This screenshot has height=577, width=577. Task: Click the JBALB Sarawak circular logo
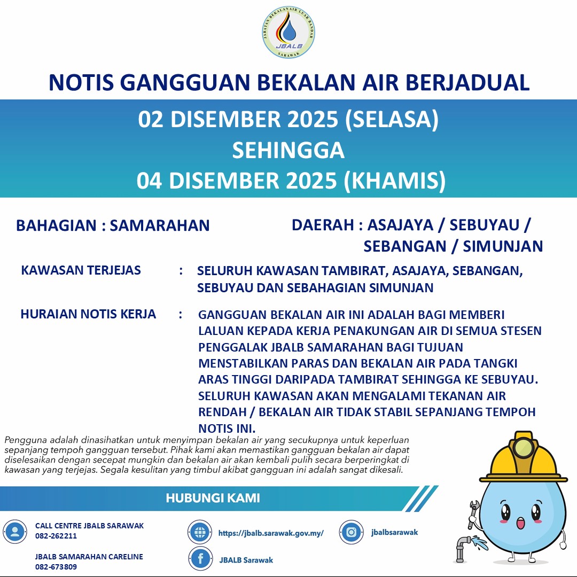pyautogui.click(x=288, y=33)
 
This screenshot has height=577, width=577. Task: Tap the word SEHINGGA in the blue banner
pyautogui.click(x=288, y=151)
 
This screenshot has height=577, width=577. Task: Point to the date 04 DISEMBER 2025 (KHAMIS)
pyautogui.click(x=291, y=181)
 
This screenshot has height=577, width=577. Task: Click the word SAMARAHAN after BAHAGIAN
pyautogui.click(x=160, y=225)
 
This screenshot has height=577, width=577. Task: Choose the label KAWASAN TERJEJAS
pyautogui.click(x=81, y=270)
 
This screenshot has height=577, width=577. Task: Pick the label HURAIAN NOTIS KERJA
pyautogui.click(x=88, y=314)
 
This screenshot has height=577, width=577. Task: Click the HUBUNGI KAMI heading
pyautogui.click(x=213, y=498)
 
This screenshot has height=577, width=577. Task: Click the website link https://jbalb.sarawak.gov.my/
pyautogui.click(x=271, y=533)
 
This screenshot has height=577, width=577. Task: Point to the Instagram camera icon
pyautogui.click(x=351, y=532)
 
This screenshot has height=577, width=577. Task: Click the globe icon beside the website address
pyautogui.click(x=200, y=532)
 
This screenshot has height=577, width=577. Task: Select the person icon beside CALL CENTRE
pyautogui.click(x=15, y=531)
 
